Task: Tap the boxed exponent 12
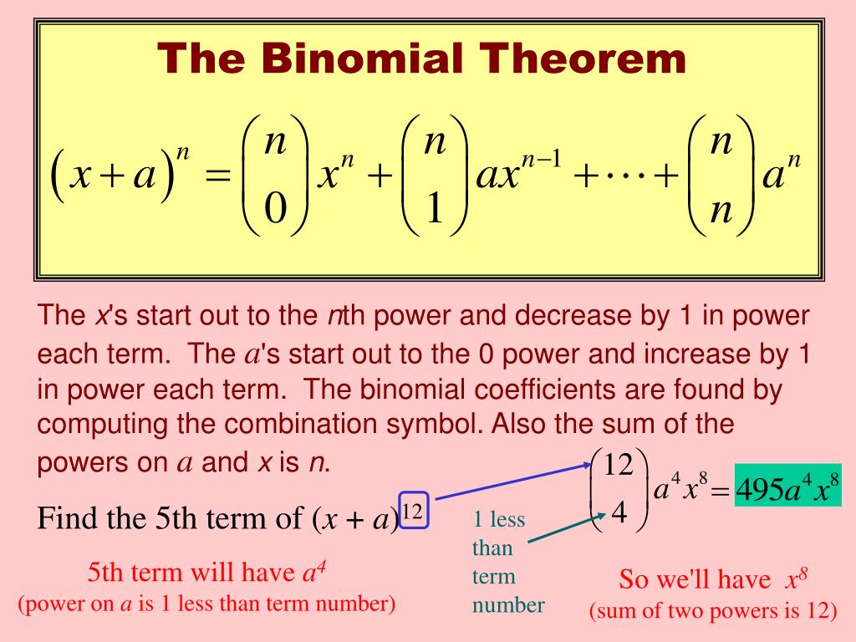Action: [414, 510]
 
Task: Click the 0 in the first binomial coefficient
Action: [275, 206]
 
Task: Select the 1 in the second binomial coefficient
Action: [433, 206]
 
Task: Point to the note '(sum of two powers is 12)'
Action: [713, 611]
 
